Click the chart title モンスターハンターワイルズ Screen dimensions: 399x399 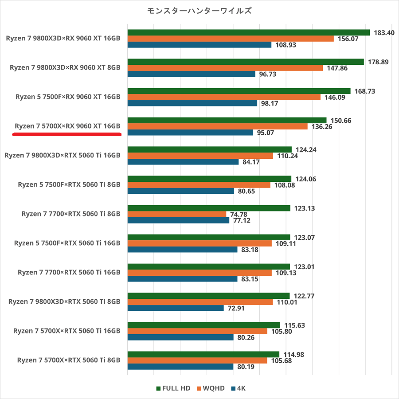coord(199,11)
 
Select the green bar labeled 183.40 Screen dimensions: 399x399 coord(248,32)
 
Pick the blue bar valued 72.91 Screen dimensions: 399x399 coord(176,308)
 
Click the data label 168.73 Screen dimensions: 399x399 coord(365,91)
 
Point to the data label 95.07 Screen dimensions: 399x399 coord(265,133)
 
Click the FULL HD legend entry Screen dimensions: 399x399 coord(173,388)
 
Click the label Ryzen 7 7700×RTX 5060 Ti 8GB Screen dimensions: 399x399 coord(71,214)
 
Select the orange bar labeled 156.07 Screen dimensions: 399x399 coord(231,39)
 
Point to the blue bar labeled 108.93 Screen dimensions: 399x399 coord(199,45)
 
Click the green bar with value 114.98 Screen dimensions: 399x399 coord(203,354)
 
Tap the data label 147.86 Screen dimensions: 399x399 coord(336,68)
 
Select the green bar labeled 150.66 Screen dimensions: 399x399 coord(227,120)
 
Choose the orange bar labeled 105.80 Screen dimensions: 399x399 coord(197,331)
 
